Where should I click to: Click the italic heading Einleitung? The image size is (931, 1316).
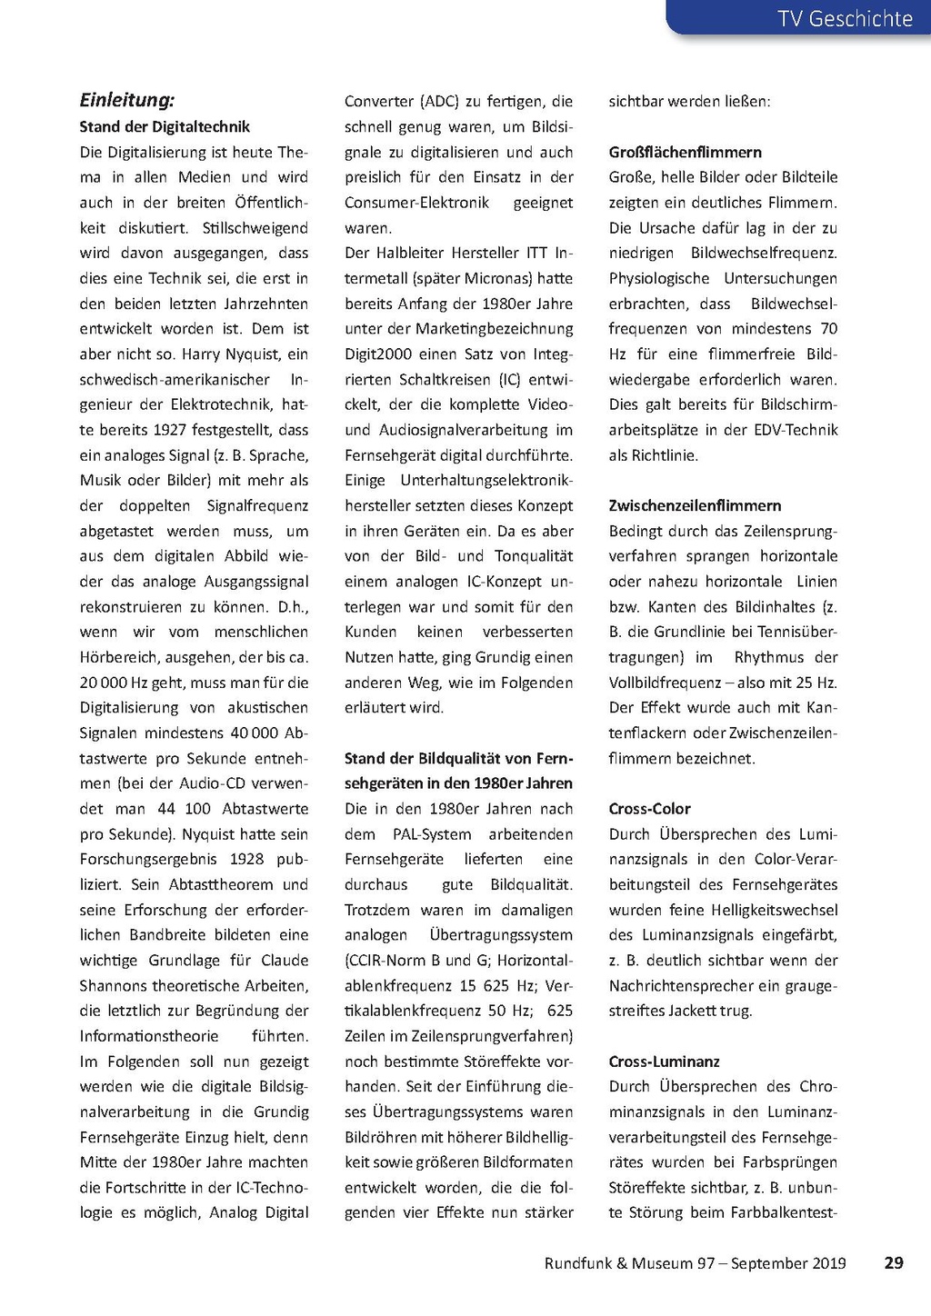coord(127,100)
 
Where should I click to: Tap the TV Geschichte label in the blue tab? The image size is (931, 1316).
coord(845,18)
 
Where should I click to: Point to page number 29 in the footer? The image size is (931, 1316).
coord(894,1262)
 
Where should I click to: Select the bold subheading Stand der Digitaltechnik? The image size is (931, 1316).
coord(165,126)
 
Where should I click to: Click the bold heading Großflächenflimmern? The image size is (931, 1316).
coord(686,152)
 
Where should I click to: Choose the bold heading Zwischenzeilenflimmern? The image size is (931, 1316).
coord(696,505)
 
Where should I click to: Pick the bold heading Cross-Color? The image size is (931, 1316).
coord(650,808)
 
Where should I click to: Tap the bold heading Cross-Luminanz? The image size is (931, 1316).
coord(665,1061)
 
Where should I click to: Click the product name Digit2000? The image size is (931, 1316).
coord(378,354)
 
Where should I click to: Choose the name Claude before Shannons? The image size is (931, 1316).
coord(285,960)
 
